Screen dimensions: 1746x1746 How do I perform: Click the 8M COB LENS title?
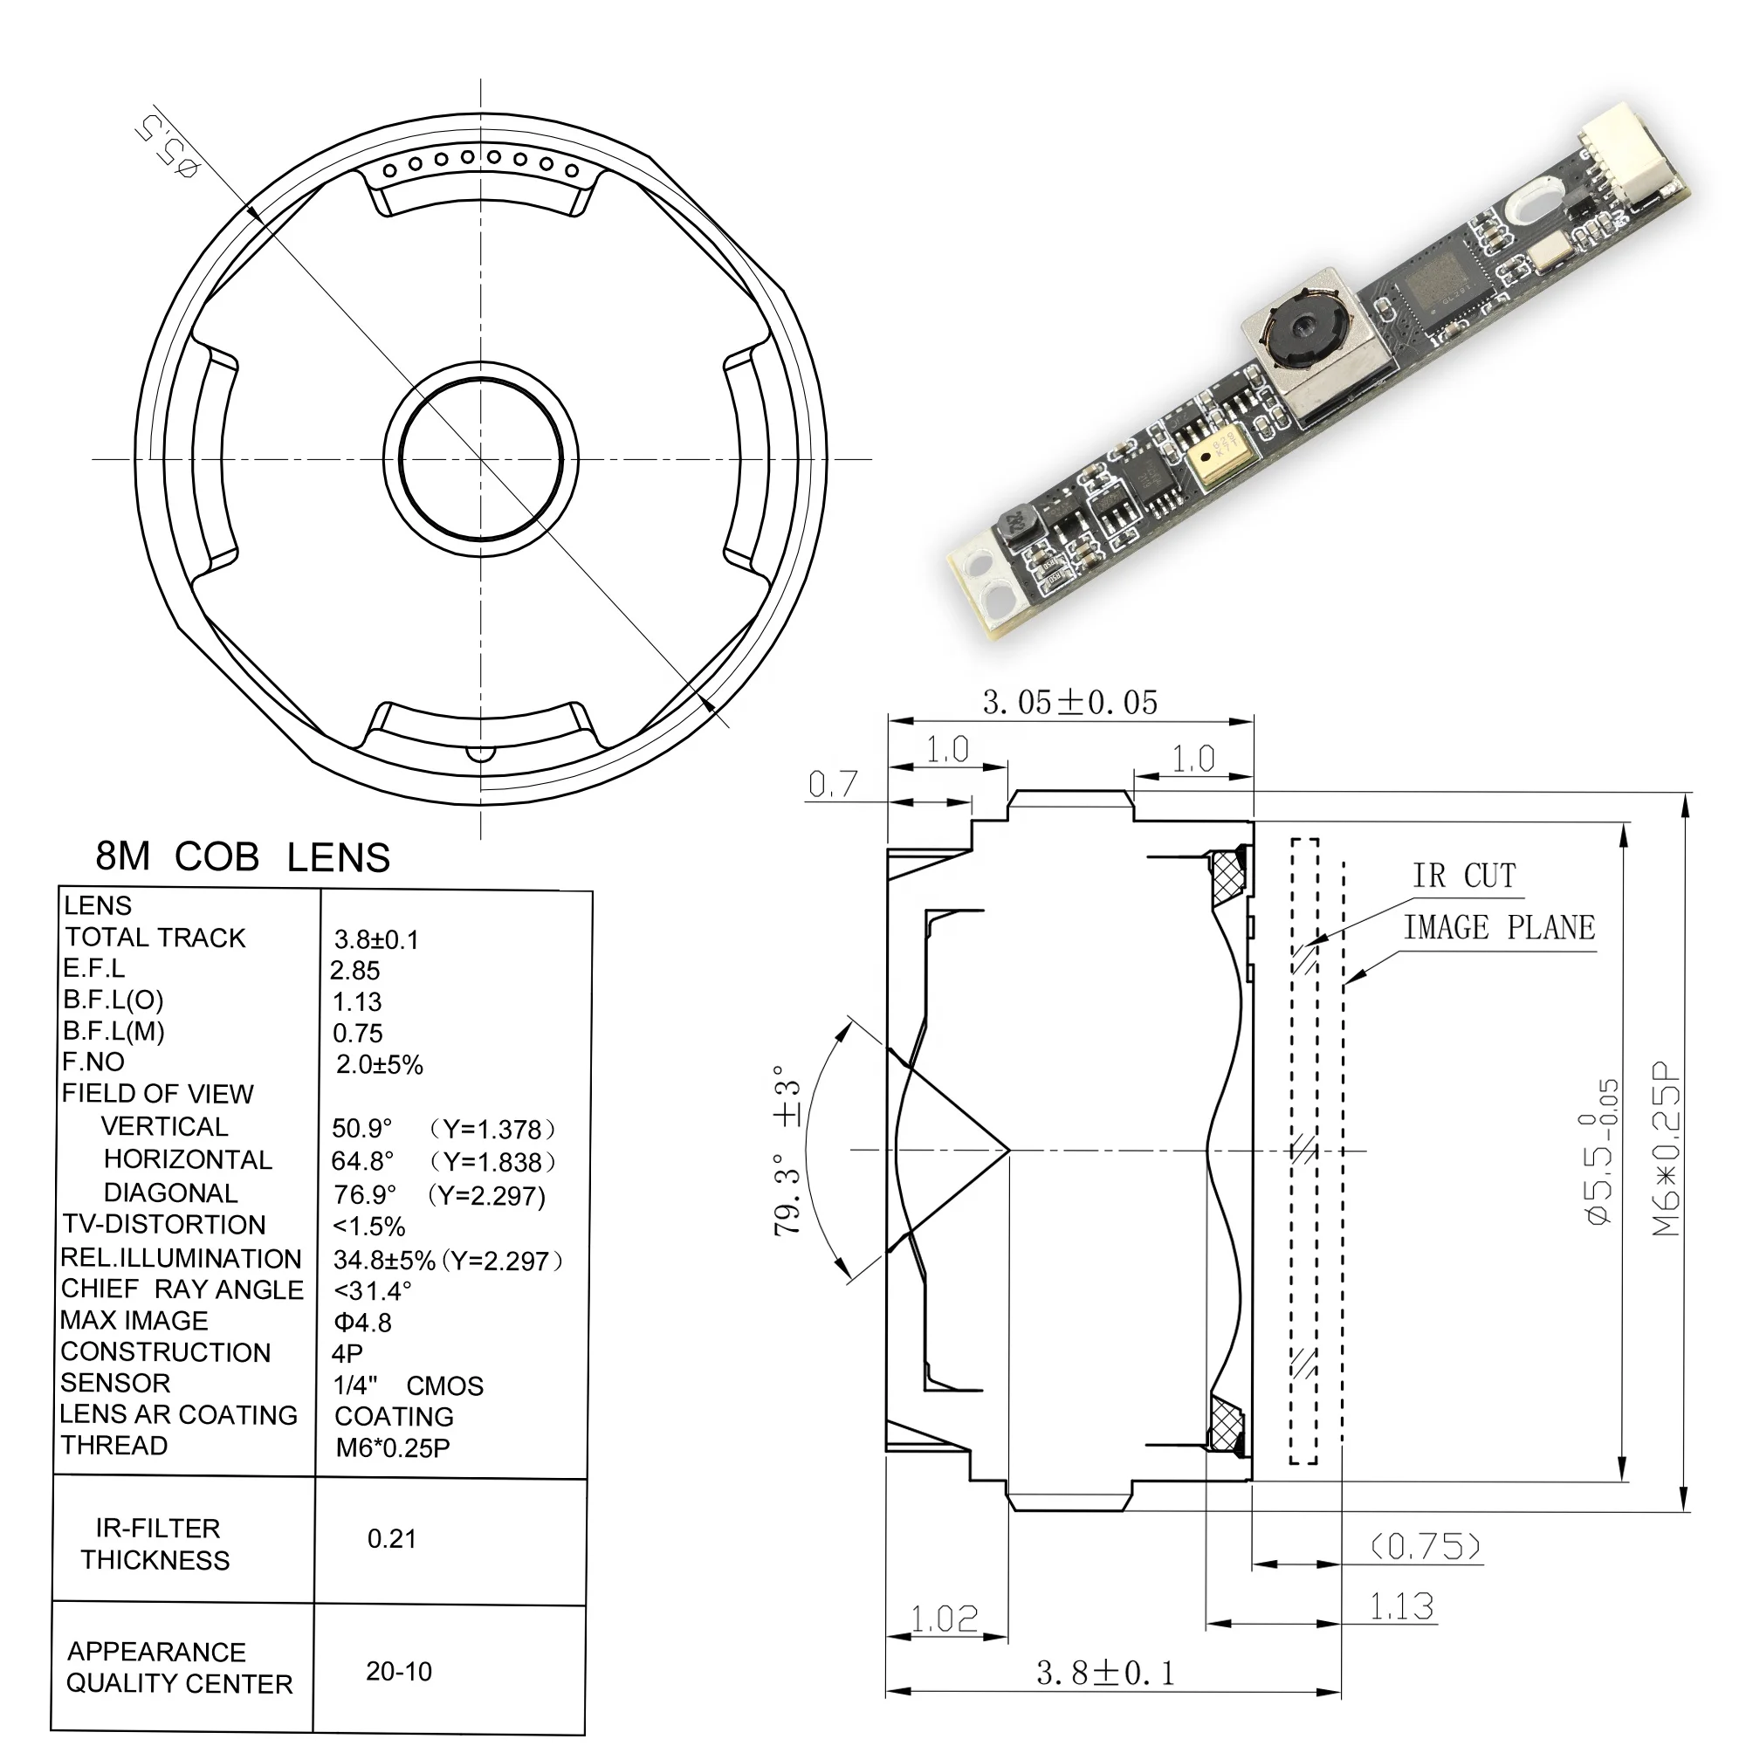tap(242, 856)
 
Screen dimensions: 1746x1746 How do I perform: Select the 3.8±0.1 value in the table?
tap(376, 940)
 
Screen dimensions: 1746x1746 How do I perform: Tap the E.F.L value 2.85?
tap(354, 971)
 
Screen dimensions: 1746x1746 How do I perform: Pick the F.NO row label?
tap(93, 1062)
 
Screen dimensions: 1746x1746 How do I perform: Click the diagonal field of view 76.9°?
tap(364, 1195)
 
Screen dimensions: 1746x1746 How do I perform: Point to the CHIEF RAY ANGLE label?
tap(182, 1289)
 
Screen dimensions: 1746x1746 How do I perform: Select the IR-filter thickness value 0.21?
tap(391, 1539)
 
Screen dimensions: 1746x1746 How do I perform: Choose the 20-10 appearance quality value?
tap(399, 1672)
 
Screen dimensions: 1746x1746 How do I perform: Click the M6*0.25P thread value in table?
tap(392, 1447)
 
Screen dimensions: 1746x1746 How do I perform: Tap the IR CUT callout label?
tap(1464, 876)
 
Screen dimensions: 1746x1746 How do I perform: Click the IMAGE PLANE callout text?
tap(1498, 928)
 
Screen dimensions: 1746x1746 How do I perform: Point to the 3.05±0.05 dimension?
tap(1069, 703)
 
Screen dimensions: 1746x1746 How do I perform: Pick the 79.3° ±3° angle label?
tap(788, 1149)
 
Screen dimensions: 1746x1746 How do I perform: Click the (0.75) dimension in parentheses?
tap(1426, 1546)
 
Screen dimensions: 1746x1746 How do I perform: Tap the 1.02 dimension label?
tap(945, 1619)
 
